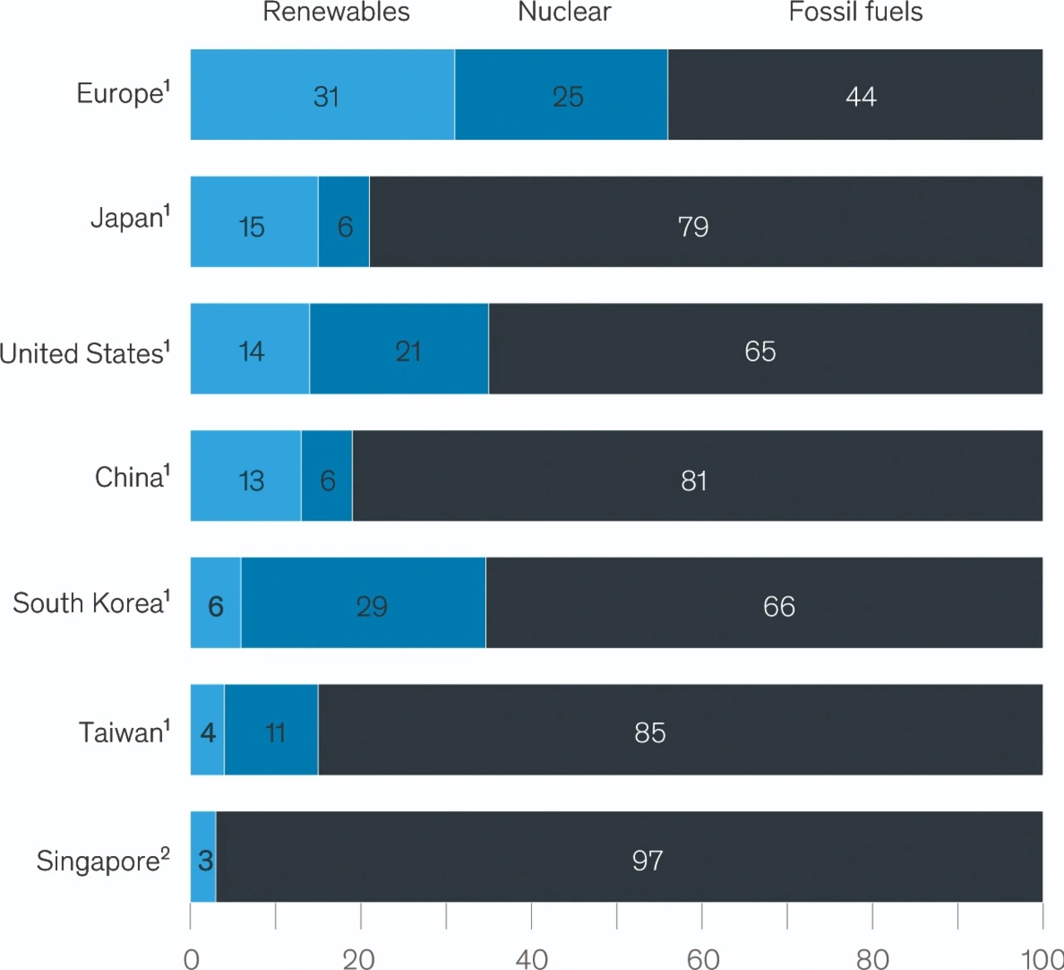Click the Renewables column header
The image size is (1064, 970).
pyautogui.click(x=336, y=12)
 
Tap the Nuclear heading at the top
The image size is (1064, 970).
pyautogui.click(x=564, y=12)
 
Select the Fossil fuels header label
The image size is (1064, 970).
pyautogui.click(x=855, y=12)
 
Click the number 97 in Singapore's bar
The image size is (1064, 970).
pyautogui.click(x=648, y=859)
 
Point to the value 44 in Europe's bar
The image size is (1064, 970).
pyautogui.click(x=861, y=97)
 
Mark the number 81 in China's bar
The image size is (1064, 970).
pyautogui.click(x=693, y=480)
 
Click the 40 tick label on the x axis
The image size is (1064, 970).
pyautogui.click(x=532, y=959)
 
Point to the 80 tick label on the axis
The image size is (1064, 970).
pyautogui.click(x=873, y=959)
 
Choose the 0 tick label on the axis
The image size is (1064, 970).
pyautogui.click(x=191, y=959)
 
